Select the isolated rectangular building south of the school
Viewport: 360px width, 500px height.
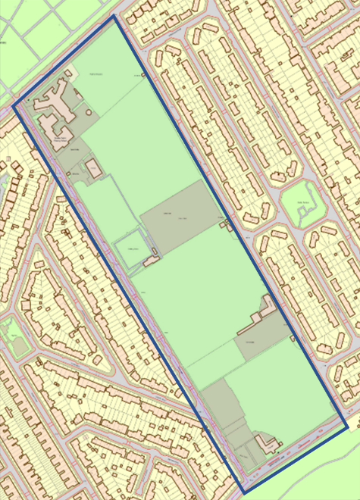[x=94, y=169]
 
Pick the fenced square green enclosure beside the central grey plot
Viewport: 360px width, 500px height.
[x=129, y=250]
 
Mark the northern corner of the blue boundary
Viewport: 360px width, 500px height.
[x=115, y=17]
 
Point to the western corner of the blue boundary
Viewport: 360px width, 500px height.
[x=14, y=105]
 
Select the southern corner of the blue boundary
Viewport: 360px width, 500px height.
[x=244, y=492]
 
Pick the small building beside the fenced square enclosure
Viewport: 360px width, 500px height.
[x=151, y=261]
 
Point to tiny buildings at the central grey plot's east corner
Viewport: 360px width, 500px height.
[x=222, y=219]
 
